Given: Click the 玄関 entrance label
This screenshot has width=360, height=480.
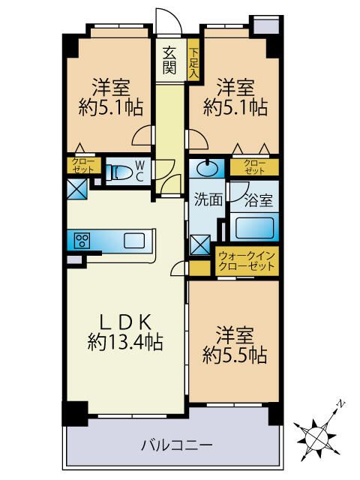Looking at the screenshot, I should tap(169, 61).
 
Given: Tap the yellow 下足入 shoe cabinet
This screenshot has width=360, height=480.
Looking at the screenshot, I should tap(193, 63).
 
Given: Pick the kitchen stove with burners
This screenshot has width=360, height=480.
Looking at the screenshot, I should tap(82, 240).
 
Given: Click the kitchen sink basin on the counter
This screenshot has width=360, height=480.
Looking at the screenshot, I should tap(134, 240).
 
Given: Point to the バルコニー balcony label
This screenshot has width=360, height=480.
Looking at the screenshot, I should tap(176, 445).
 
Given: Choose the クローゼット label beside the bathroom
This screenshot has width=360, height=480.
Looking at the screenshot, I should tap(254, 166).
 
